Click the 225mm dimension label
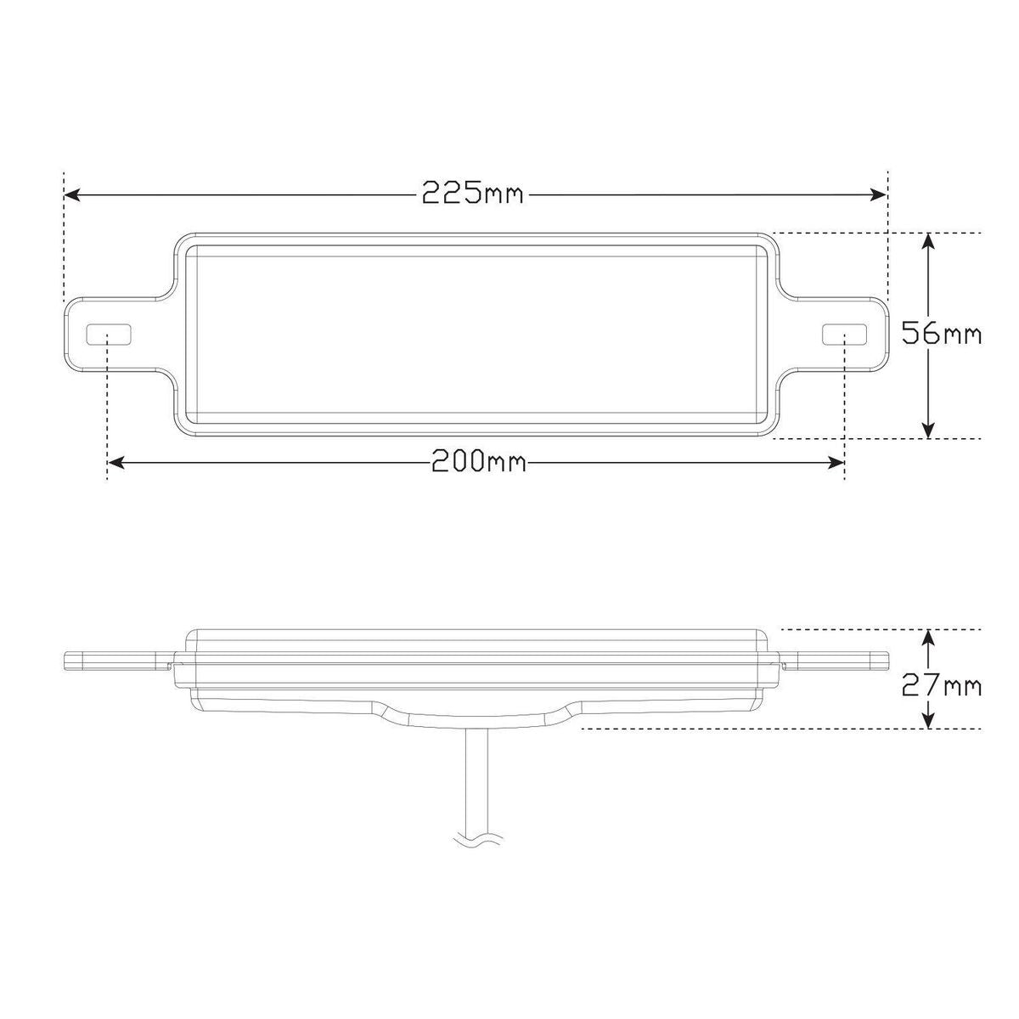(x=472, y=194)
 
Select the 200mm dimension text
(x=479, y=460)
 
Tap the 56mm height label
(x=941, y=334)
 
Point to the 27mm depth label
(x=941, y=686)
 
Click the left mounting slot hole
(x=109, y=335)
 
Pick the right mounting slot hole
(x=844, y=335)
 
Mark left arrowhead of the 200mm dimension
(x=115, y=464)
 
